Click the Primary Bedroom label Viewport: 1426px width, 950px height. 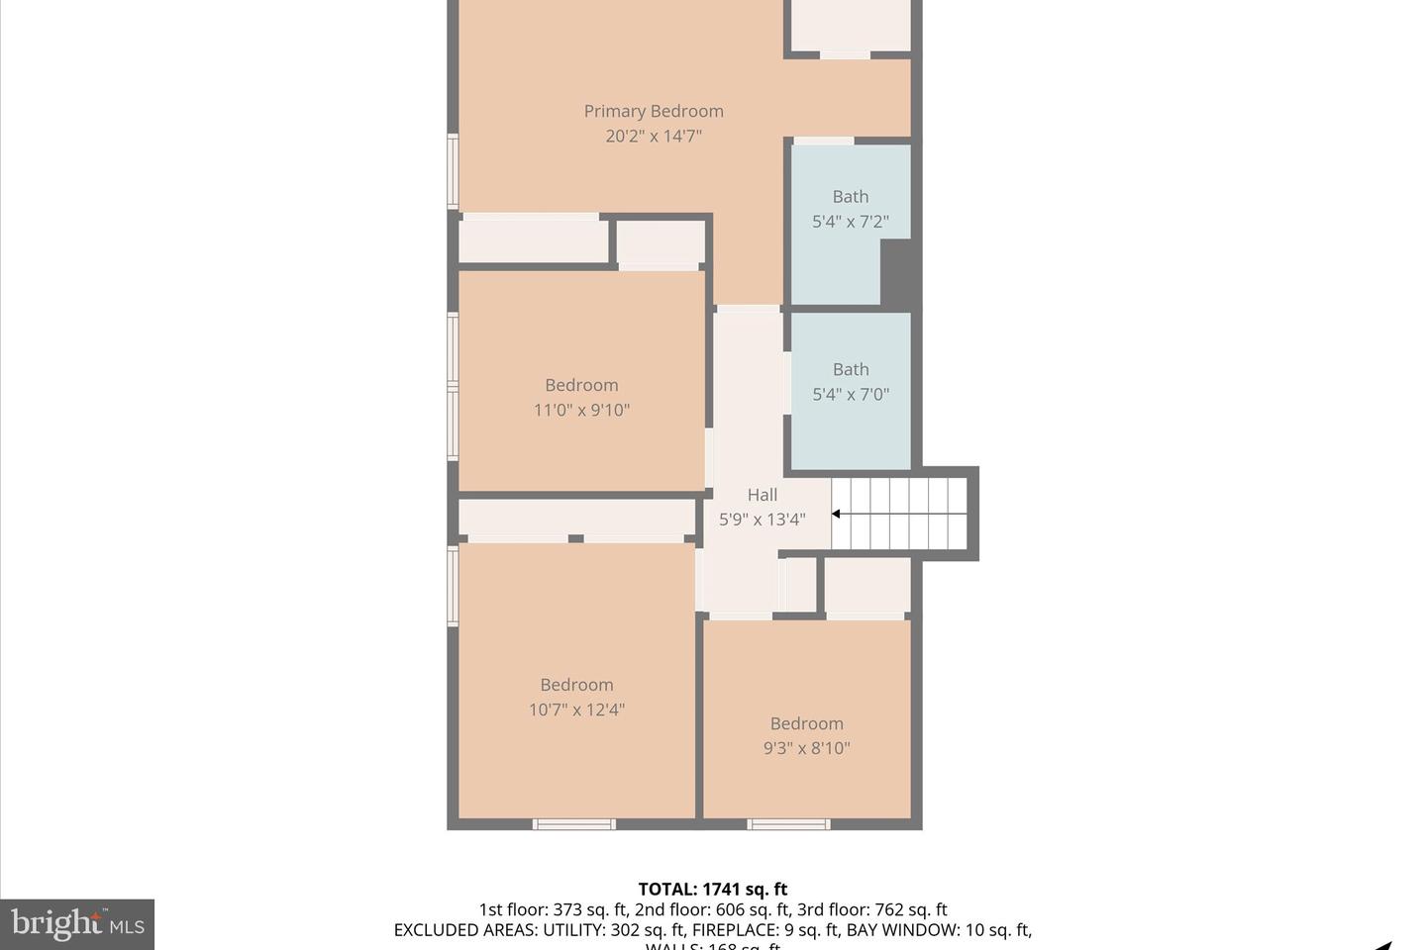(653, 111)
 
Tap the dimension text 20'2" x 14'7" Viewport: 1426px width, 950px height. (653, 137)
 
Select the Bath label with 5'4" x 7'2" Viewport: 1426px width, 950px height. (850, 197)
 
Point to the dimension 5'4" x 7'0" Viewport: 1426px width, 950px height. (850, 395)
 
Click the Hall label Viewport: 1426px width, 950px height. (762, 495)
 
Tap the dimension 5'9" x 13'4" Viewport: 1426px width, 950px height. (762, 520)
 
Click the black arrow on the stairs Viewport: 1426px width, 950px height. (837, 514)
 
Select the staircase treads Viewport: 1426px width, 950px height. (901, 514)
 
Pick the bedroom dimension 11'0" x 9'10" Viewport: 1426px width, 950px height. (581, 410)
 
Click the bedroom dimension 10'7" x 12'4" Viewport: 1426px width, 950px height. (576, 710)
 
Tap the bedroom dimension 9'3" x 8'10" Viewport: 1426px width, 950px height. (806, 748)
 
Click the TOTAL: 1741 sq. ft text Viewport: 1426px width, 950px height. (712, 889)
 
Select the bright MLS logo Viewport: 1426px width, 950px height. (77, 924)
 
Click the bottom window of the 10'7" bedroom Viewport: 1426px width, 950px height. (574, 823)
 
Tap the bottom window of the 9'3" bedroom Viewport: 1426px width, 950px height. (788, 823)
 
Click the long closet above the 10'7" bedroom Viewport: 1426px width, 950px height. (576, 518)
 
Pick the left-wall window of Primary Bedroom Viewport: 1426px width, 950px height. (454, 171)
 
